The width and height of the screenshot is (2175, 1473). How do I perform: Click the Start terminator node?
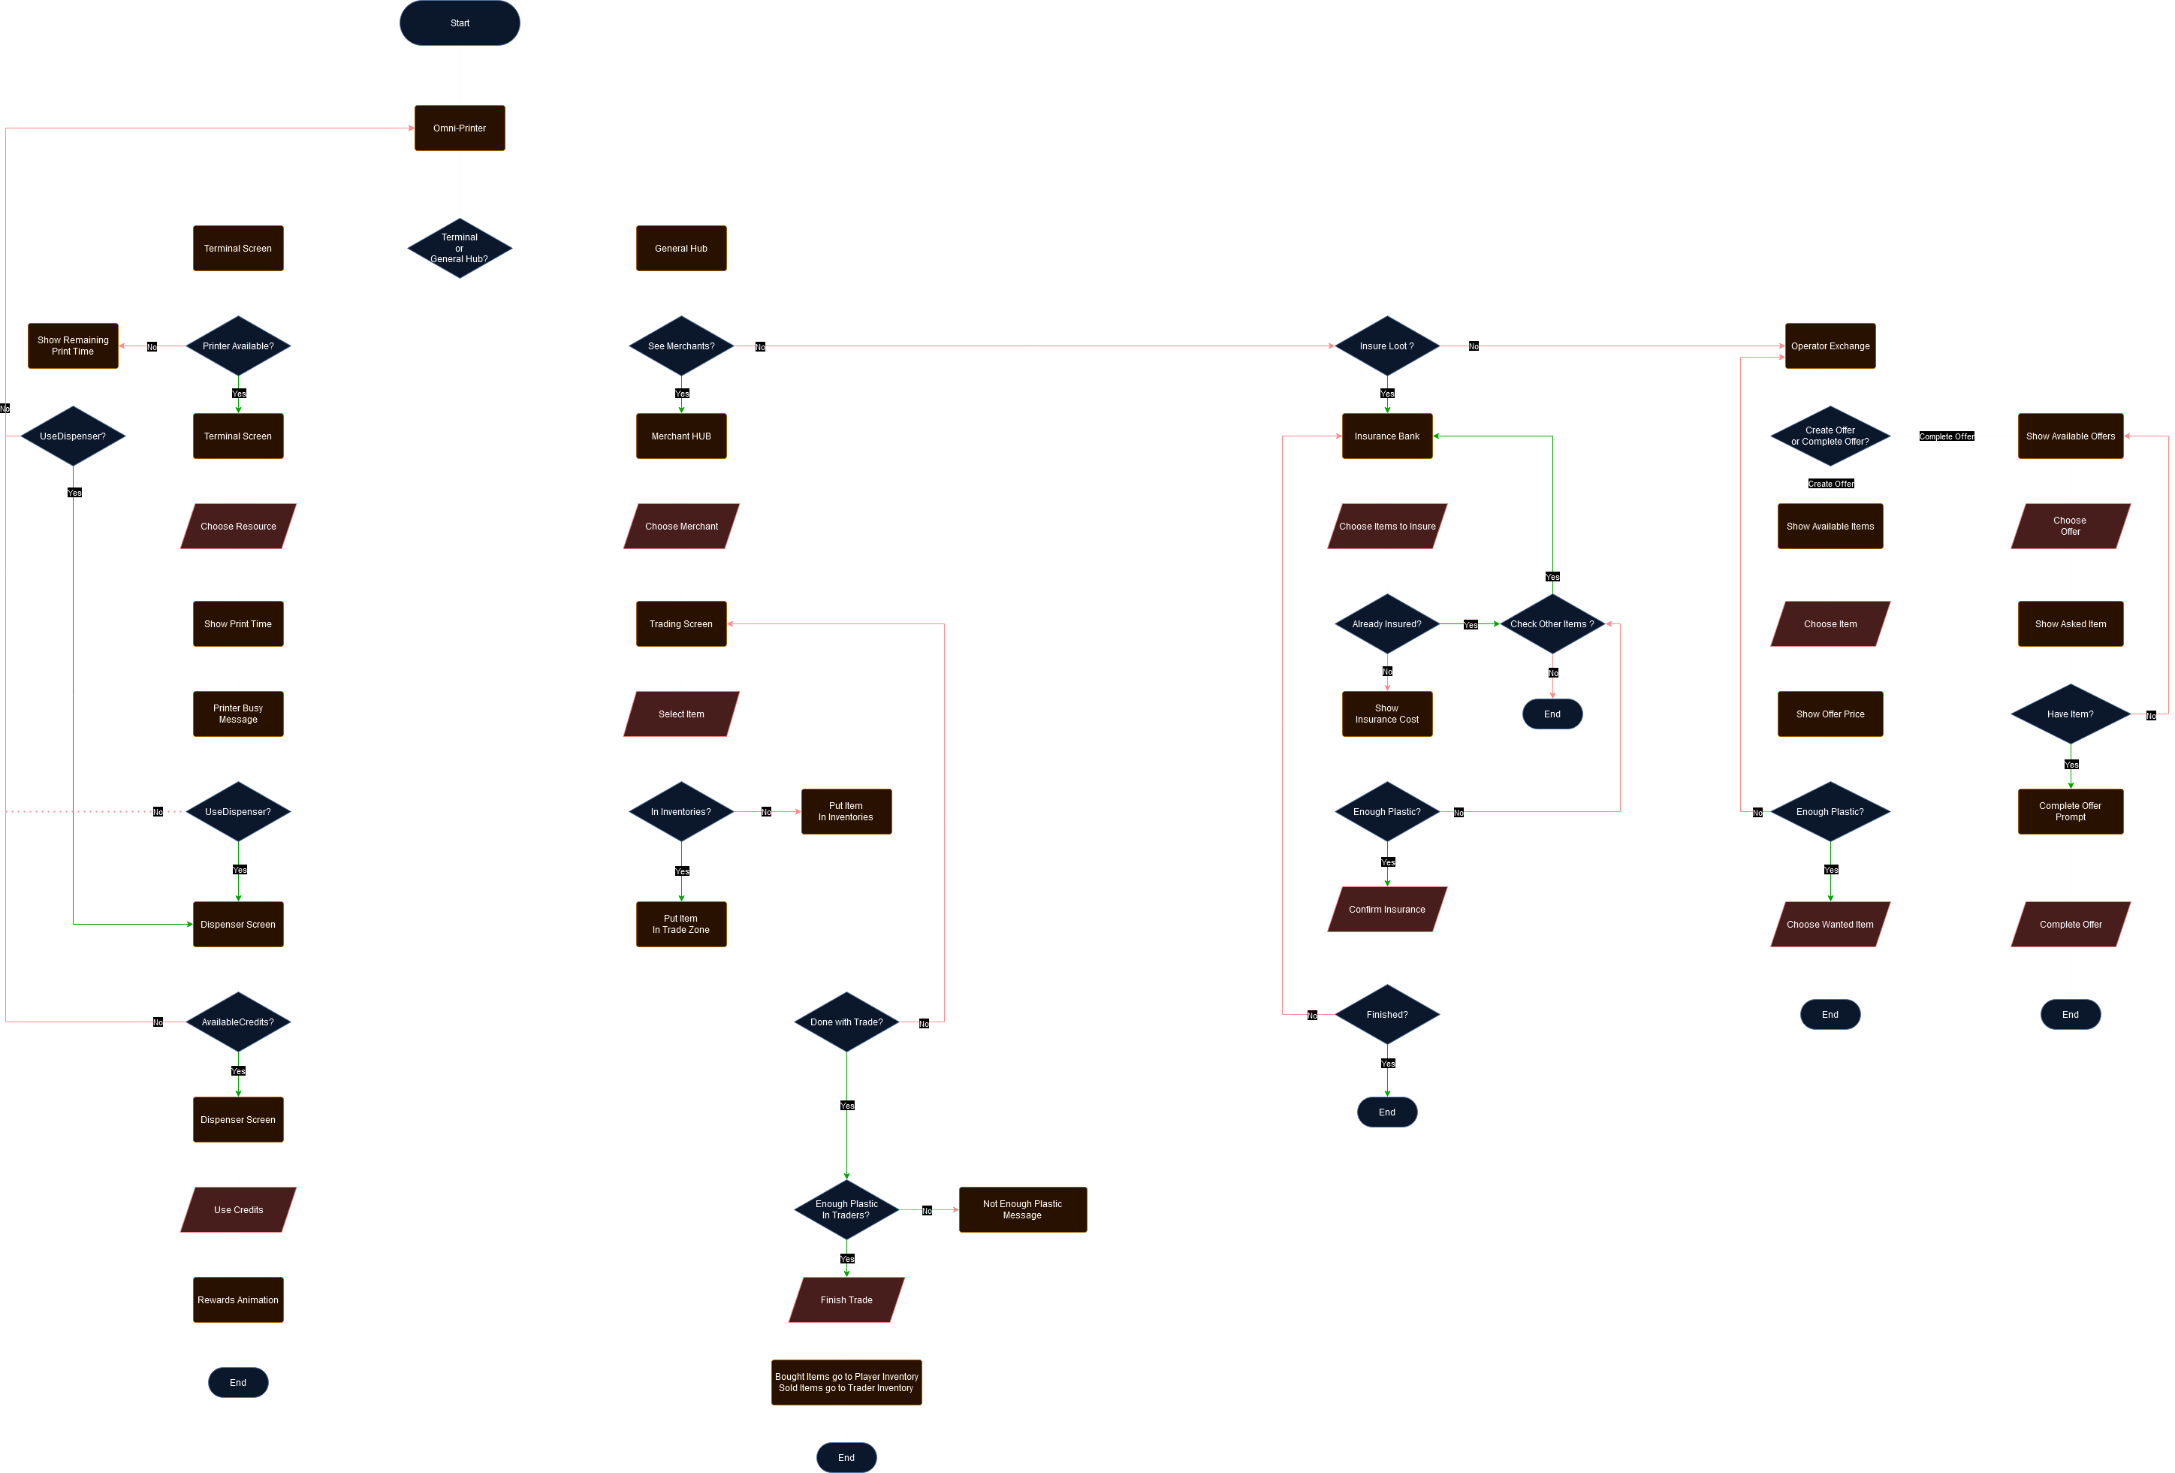pos(460,23)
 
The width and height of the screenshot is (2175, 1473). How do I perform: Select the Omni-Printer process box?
pos(460,128)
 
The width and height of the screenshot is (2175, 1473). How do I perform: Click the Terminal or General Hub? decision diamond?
pos(460,248)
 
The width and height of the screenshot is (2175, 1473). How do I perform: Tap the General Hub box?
pos(681,248)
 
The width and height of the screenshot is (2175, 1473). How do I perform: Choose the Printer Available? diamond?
pos(238,346)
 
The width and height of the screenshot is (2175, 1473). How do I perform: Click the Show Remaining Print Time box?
pos(73,346)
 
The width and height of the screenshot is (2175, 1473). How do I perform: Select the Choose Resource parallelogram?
pos(238,526)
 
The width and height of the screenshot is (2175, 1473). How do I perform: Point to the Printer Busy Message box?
pos(238,714)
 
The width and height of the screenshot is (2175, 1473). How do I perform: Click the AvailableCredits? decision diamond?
pos(238,1022)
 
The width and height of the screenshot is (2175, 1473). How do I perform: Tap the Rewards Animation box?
pos(238,1300)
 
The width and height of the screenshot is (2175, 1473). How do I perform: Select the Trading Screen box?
pos(681,624)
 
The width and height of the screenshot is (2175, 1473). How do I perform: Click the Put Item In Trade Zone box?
pos(681,925)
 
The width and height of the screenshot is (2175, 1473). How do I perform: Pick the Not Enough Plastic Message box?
pos(1022,1210)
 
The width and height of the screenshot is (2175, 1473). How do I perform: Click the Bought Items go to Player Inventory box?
pos(846,1382)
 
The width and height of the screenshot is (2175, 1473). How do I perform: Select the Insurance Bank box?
pos(1387,436)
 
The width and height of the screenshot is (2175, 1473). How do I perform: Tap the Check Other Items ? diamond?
pos(1552,624)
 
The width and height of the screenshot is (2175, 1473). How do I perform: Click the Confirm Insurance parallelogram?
pos(1387,910)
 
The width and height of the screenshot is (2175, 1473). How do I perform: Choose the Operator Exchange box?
pos(1830,346)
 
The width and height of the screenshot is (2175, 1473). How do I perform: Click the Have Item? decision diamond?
pos(2070,714)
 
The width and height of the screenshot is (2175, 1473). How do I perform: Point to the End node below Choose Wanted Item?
pos(1830,1015)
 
